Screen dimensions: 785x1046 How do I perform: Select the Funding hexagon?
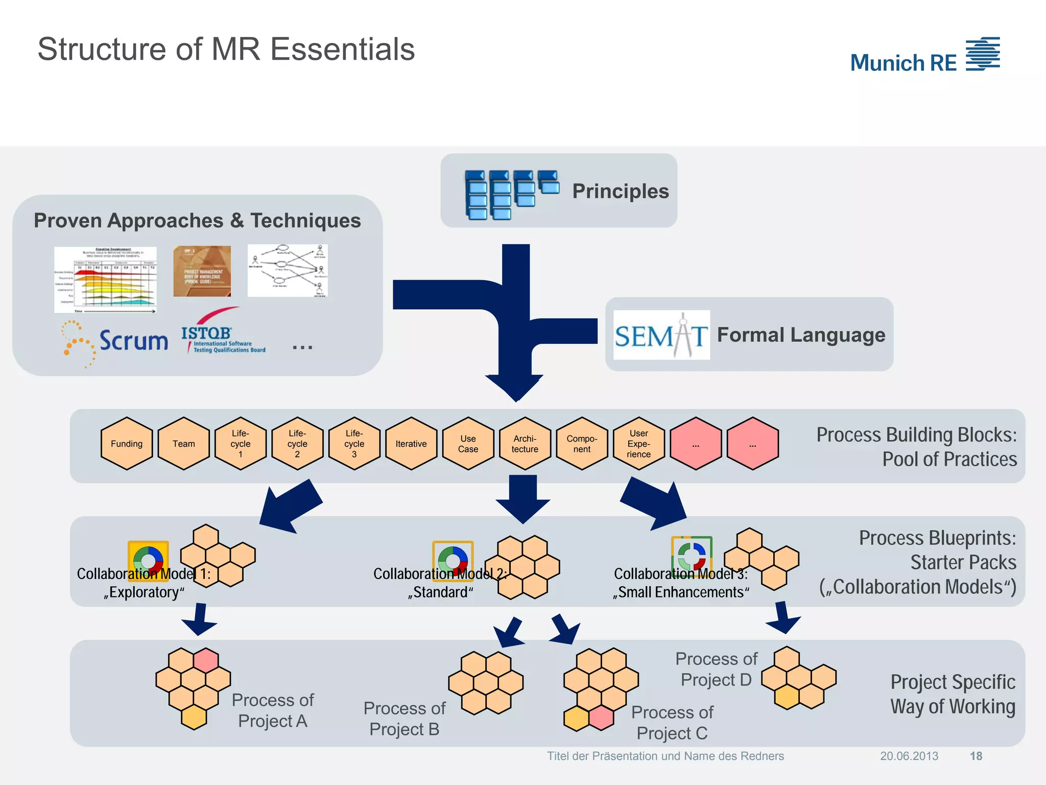click(127, 444)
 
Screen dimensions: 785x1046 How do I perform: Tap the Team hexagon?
click(184, 444)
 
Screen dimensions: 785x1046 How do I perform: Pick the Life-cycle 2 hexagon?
click(297, 444)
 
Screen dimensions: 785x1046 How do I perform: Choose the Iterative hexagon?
click(411, 444)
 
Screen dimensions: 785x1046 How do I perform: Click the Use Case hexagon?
click(468, 444)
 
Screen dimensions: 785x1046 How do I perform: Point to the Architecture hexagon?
click(525, 444)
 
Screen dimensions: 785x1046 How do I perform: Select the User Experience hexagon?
click(638, 444)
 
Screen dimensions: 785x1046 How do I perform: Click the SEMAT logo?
click(661, 335)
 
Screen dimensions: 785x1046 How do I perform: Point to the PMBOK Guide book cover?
click(202, 271)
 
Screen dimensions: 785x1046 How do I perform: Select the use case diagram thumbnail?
click(288, 270)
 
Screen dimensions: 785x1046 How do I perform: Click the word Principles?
click(620, 191)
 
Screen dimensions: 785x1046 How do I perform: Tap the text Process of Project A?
click(273, 710)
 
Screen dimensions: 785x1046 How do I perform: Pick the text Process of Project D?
click(716, 669)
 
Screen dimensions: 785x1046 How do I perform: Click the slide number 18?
click(976, 756)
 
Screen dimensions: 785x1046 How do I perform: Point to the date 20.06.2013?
click(909, 756)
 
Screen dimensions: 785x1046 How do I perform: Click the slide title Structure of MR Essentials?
click(226, 49)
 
